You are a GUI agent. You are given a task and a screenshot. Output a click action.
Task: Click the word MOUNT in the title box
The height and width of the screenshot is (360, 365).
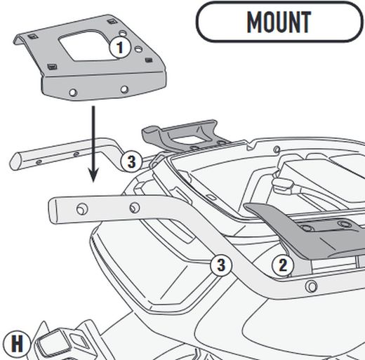pyautogui.click(x=279, y=22)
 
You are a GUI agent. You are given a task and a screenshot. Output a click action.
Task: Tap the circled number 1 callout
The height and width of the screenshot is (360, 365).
pyautogui.click(x=121, y=48)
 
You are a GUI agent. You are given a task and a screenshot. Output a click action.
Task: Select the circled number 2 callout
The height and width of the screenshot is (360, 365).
pyautogui.click(x=282, y=265)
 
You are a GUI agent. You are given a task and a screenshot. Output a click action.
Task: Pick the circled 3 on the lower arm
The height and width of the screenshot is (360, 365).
pyautogui.click(x=220, y=265)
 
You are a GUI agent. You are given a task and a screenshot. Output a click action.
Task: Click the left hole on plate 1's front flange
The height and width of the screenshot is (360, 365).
pyautogui.click(x=74, y=91)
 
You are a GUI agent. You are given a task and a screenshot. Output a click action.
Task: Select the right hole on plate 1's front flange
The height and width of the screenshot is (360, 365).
pyautogui.click(x=124, y=89)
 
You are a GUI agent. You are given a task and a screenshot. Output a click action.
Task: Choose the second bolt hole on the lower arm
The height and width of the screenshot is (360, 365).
pyautogui.click(x=135, y=207)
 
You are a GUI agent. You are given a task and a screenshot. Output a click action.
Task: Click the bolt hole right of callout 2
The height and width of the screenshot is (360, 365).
pyautogui.click(x=309, y=285)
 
